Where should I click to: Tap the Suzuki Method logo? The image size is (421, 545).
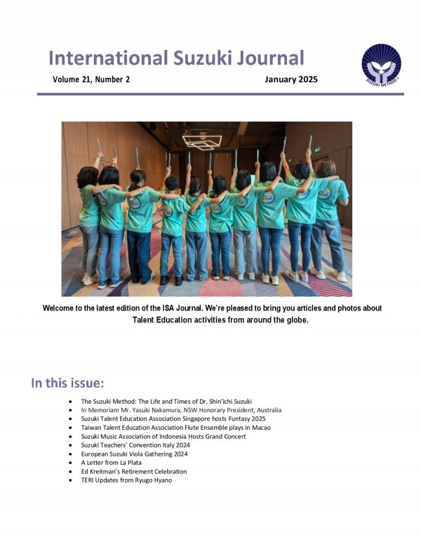(x=381, y=65)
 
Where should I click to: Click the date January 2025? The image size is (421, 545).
(x=290, y=79)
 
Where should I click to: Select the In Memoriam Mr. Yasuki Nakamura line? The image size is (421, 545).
(x=181, y=409)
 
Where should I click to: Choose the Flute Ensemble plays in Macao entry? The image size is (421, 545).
(x=175, y=427)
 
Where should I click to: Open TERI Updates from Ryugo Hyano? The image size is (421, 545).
(x=126, y=480)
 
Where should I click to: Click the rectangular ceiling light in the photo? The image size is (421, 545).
(x=202, y=142)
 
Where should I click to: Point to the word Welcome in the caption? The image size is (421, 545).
(x=61, y=309)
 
